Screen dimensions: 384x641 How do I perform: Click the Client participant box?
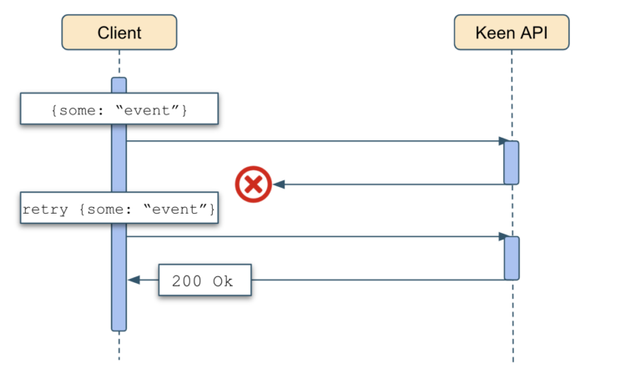pos(119,33)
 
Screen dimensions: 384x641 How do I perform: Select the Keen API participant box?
pos(512,33)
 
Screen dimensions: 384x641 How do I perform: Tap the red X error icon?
pos(253,184)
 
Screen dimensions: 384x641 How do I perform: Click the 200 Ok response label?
pos(205,281)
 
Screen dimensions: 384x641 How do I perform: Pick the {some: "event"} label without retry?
pos(119,109)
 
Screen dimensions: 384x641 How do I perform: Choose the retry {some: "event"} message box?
pos(119,209)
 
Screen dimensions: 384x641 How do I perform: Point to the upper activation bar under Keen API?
pos(512,163)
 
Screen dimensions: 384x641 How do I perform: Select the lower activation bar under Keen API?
pos(512,258)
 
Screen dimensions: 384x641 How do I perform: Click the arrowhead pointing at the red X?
pos(279,184)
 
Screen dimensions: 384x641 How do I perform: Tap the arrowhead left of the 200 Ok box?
pos(133,281)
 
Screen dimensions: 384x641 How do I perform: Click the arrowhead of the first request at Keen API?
pos(502,142)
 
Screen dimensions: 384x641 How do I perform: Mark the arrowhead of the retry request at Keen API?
pos(502,237)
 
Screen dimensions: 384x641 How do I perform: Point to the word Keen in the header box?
pos(494,33)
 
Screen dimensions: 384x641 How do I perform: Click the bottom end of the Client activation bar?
pos(119,328)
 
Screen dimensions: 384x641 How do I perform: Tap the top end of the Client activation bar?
pos(119,80)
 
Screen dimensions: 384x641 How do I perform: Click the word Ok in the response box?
pos(223,281)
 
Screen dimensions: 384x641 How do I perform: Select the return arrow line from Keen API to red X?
pos(392,184)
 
